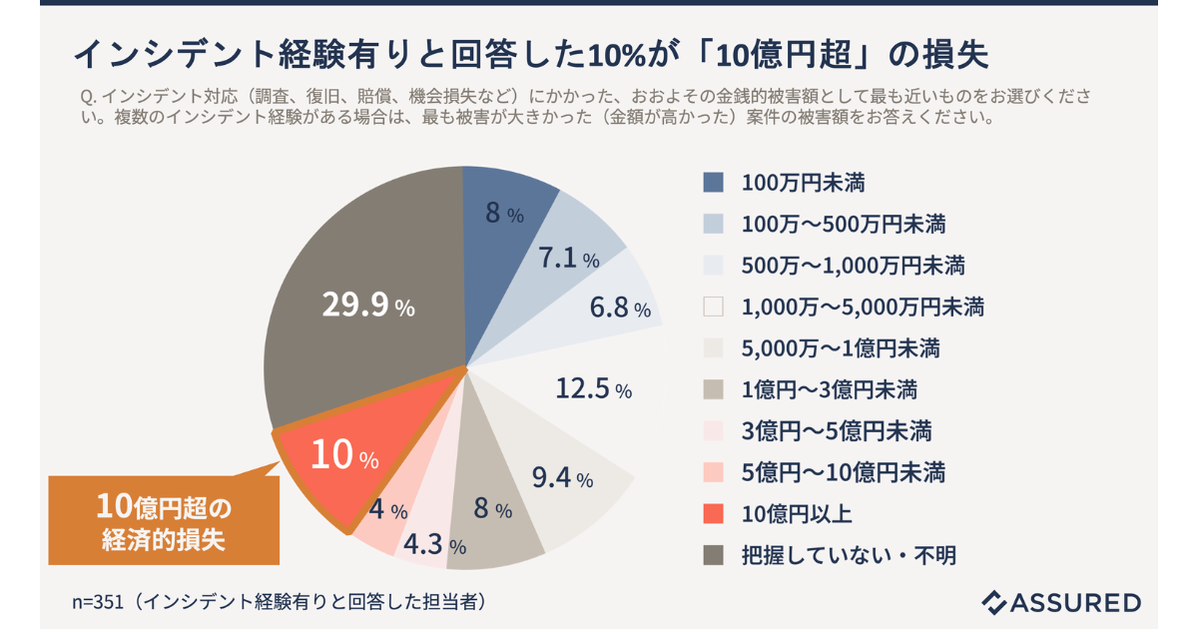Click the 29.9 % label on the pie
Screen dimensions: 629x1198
coord(367,306)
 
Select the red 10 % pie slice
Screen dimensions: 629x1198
coord(344,458)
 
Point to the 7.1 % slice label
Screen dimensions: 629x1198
coord(568,260)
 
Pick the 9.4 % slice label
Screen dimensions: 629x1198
coord(562,478)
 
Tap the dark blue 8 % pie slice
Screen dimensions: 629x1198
coord(504,214)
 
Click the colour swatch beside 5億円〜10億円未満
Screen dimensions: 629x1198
coord(713,472)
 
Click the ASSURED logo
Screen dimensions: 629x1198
coord(1061,601)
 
